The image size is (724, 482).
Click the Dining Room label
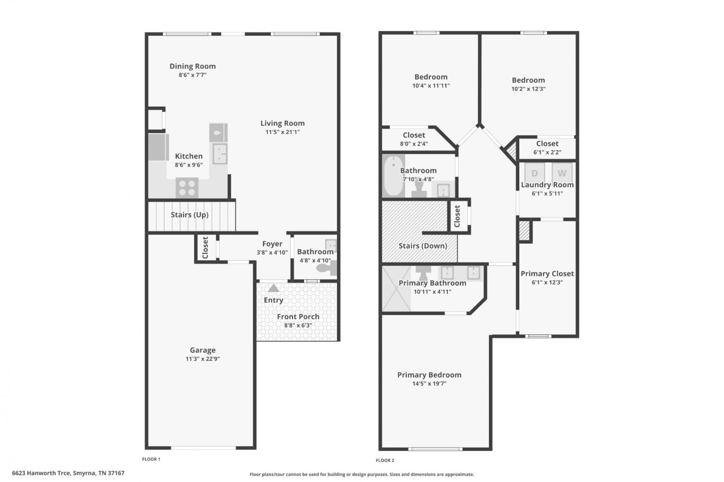pyautogui.click(x=192, y=66)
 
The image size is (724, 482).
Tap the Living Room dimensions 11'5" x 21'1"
pyautogui.click(x=282, y=132)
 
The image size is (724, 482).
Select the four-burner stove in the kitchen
pyautogui.click(x=187, y=188)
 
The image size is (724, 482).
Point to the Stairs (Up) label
pyautogui.click(x=189, y=215)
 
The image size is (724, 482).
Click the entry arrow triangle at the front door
pyautogui.click(x=274, y=288)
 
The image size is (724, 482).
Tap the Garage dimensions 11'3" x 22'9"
pyautogui.click(x=203, y=358)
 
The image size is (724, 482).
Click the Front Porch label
pyautogui.click(x=298, y=317)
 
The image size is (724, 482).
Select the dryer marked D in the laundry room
pyautogui.click(x=534, y=173)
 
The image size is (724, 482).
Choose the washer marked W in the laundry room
pyautogui.click(x=562, y=173)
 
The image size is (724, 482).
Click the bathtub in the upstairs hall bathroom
pyautogui.click(x=393, y=176)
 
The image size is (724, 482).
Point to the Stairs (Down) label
pyautogui.click(x=423, y=246)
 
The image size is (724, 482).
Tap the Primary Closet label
pyautogui.click(x=547, y=274)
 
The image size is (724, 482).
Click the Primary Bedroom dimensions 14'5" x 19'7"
pyautogui.click(x=429, y=384)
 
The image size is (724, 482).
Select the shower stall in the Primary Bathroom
pyautogui.click(x=396, y=289)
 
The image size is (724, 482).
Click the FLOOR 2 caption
pyautogui.click(x=385, y=460)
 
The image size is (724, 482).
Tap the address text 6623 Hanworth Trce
pyautogui.click(x=41, y=473)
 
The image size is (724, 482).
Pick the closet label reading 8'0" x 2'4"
pyautogui.click(x=414, y=144)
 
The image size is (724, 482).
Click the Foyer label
pyautogui.click(x=272, y=244)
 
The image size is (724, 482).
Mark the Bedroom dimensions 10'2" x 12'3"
pyautogui.click(x=529, y=89)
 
